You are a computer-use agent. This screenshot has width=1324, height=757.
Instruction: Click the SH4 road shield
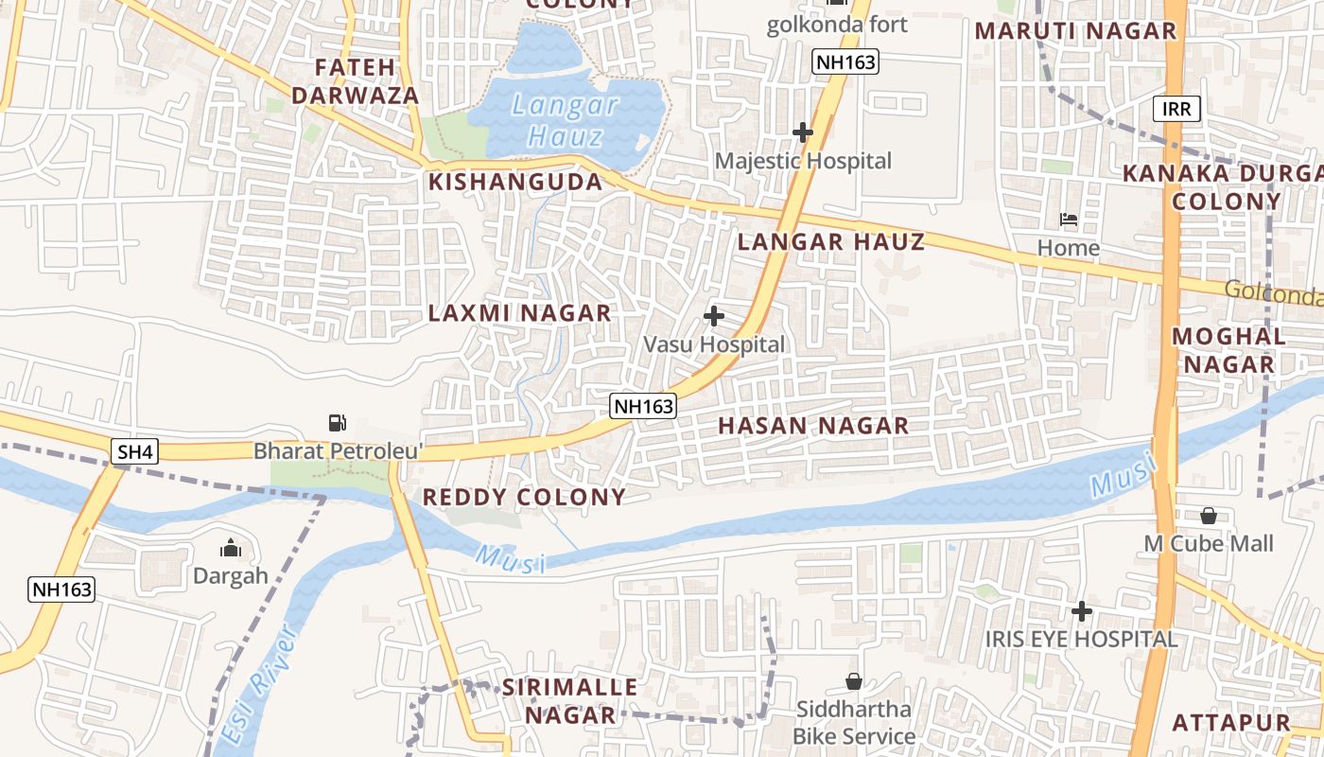[134, 452]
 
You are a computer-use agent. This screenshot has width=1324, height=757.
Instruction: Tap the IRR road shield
[1176, 109]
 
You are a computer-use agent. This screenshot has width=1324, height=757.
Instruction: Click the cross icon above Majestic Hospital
[803, 132]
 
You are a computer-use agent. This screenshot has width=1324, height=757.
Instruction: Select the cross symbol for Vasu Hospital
[714, 316]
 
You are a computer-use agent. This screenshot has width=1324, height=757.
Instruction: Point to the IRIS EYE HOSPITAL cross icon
[1081, 611]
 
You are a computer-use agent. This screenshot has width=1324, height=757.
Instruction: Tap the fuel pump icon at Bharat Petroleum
[337, 423]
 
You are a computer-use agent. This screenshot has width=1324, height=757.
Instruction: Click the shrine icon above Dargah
[230, 548]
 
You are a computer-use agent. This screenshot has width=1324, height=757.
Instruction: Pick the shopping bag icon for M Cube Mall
[1208, 516]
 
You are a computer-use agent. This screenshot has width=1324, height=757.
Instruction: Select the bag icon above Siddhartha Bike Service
[853, 681]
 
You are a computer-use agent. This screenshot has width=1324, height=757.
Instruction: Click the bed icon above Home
[1069, 220]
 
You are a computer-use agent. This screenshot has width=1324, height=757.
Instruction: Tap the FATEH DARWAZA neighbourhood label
[355, 81]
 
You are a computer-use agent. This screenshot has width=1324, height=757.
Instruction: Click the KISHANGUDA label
[515, 183]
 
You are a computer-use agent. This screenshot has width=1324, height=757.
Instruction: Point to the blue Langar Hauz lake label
[566, 120]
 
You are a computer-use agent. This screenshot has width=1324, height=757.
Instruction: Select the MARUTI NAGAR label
[1075, 31]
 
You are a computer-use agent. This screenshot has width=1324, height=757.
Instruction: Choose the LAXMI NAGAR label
[519, 313]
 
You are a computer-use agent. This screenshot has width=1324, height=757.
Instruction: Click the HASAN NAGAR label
[812, 426]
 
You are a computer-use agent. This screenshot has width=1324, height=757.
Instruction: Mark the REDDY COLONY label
[524, 497]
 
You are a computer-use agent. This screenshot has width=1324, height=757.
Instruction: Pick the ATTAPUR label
[1230, 723]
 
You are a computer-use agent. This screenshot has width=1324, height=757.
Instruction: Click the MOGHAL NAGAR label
[1228, 350]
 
